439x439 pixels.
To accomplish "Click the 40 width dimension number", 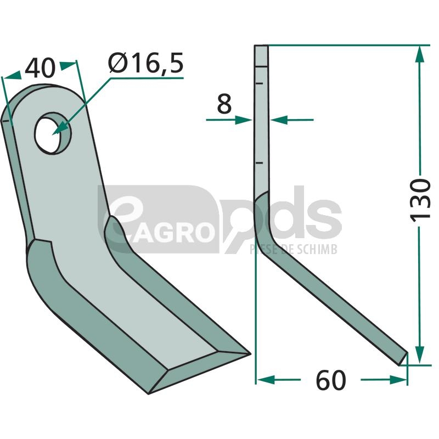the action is [40, 68].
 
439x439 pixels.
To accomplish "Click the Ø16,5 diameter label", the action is [146, 63].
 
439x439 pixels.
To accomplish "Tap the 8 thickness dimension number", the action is [224, 104].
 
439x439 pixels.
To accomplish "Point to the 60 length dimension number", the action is [331, 380].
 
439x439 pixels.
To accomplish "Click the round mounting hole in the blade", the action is [52, 133].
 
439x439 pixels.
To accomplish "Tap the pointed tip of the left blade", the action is [250, 354].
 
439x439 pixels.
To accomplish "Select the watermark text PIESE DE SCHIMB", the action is [294, 249].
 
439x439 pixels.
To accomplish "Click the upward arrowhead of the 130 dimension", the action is [419, 54].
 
